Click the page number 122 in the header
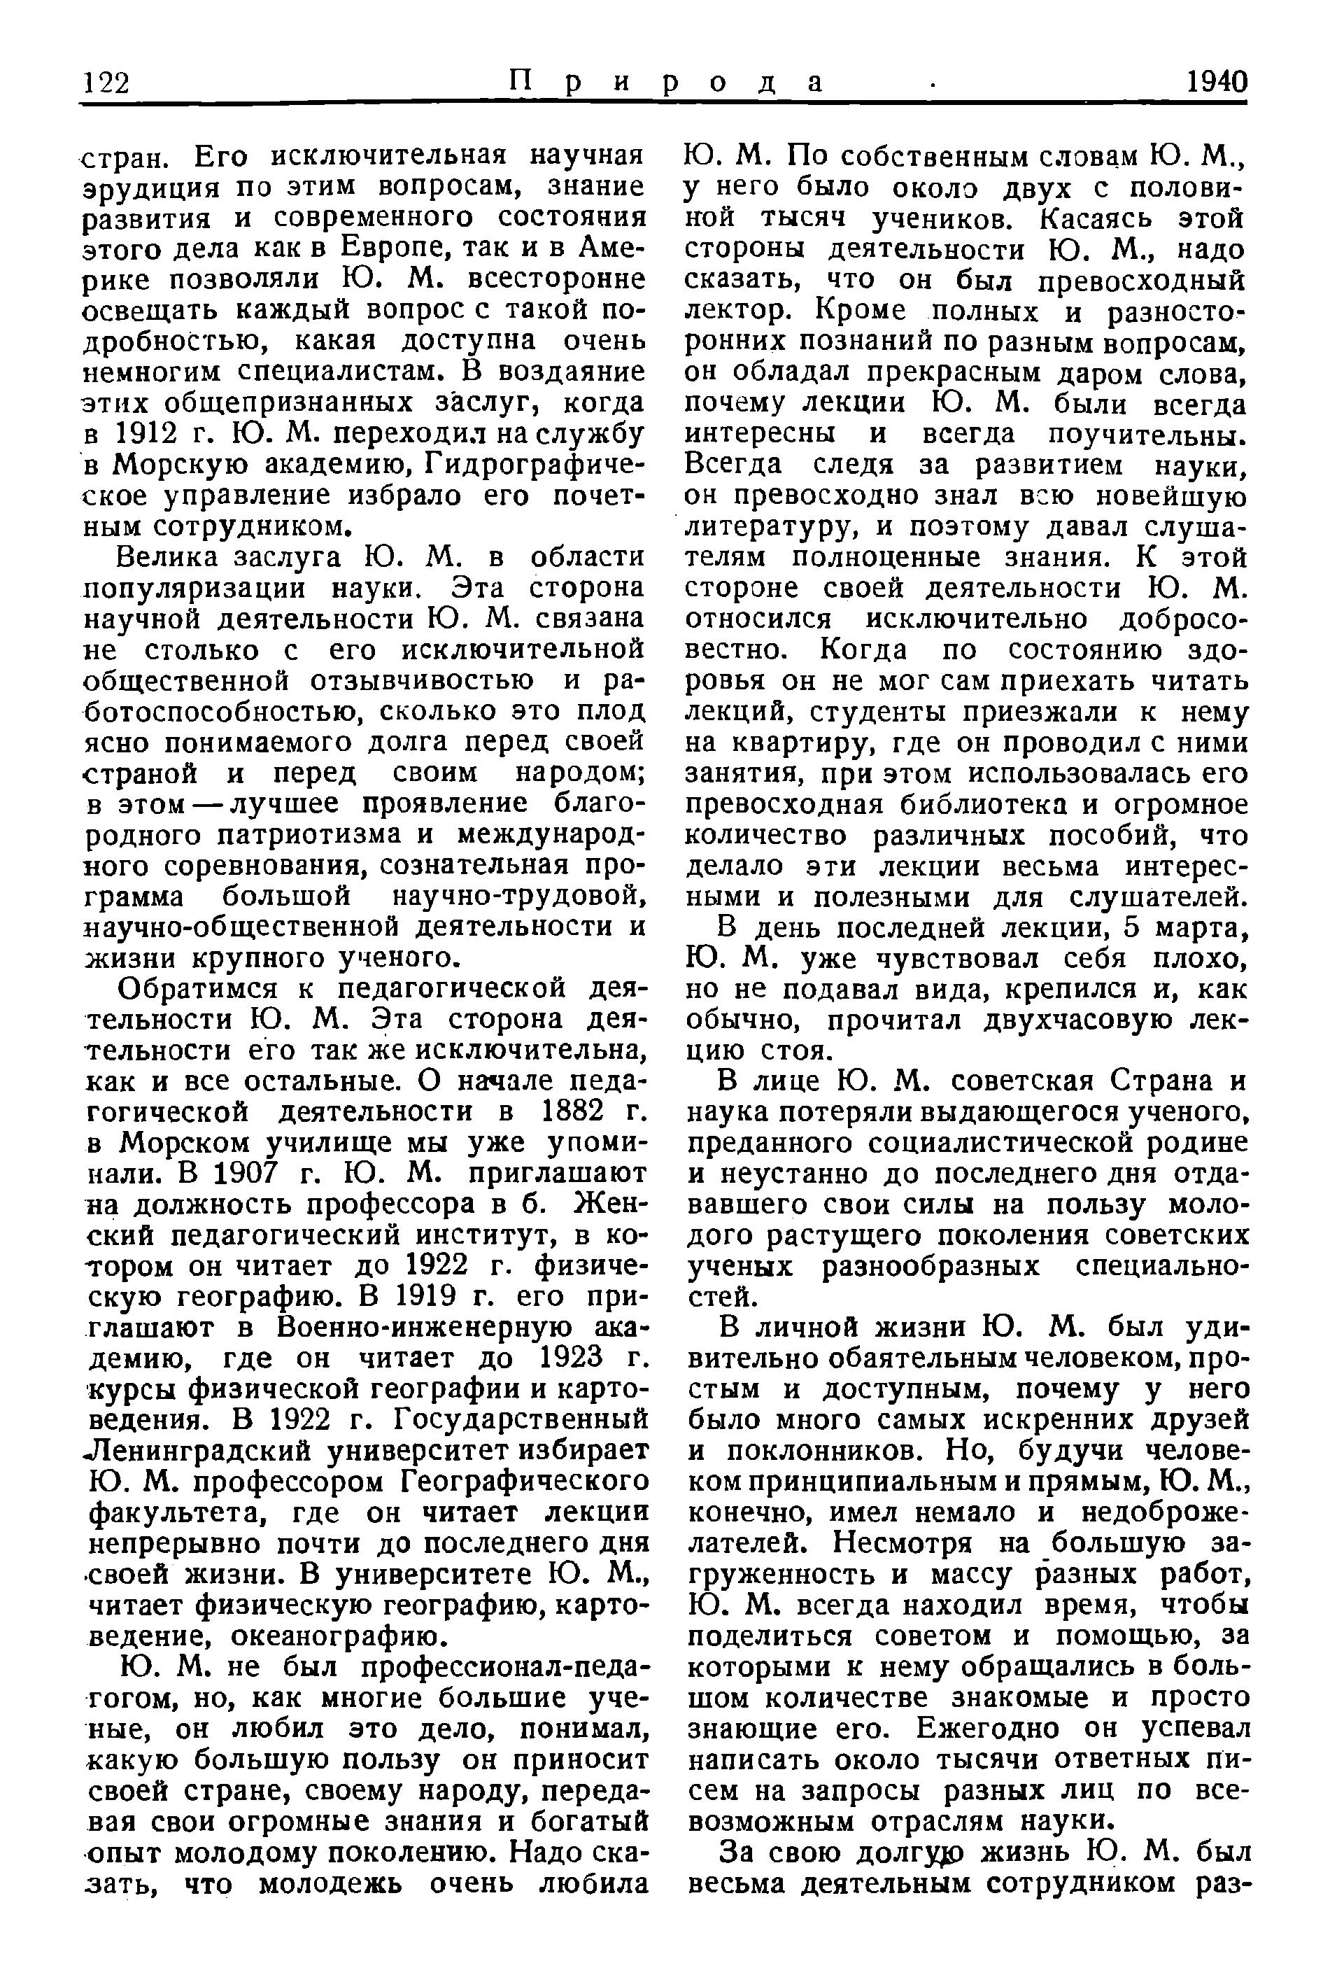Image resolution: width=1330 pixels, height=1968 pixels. (106, 83)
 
